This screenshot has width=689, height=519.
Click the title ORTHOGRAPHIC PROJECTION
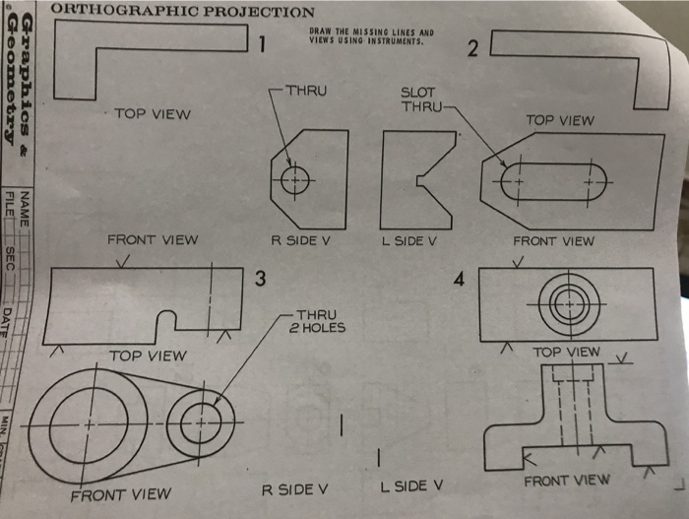coord(182,12)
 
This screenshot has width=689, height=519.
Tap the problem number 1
coord(262,43)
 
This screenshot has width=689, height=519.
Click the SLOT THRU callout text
coord(418,99)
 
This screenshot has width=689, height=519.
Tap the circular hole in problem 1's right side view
coord(294,180)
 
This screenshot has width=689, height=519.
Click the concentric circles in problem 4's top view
coord(567,305)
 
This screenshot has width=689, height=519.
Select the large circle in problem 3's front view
coord(88,422)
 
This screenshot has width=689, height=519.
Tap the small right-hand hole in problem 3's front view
coord(200,424)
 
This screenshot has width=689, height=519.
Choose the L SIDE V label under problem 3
coord(411,486)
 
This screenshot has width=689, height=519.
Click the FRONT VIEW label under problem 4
coord(566,481)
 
